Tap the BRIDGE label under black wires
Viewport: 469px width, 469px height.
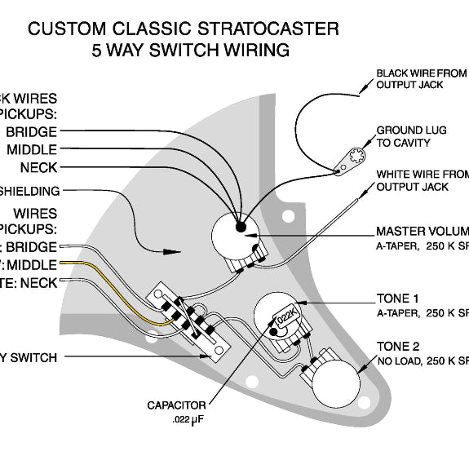tap(31, 131)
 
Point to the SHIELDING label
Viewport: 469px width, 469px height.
tap(29, 191)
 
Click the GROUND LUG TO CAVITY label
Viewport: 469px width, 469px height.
tap(411, 136)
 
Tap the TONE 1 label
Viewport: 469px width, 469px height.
tap(397, 298)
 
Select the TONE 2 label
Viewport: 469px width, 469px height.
tap(397, 346)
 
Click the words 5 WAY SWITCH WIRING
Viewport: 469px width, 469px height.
tap(191, 51)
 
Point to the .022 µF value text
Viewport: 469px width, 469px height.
tap(188, 420)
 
